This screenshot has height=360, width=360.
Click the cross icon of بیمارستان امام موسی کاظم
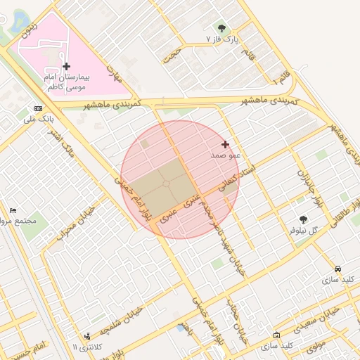click(66, 66)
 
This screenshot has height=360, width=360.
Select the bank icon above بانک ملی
click(38, 109)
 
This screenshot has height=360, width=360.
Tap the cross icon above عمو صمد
click(225, 144)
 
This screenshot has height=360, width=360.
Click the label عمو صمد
click(226, 154)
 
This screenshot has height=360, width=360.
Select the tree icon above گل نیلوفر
click(303, 219)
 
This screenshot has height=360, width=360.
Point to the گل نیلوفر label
click(304, 230)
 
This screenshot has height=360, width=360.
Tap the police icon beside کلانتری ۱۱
click(87, 336)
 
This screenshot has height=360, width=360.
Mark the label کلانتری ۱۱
click(87, 347)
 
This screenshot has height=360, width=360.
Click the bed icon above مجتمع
click(13, 210)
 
